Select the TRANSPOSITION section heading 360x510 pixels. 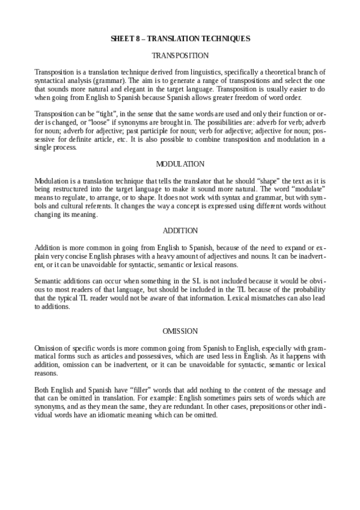coord(180,55)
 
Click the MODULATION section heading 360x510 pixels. coord(180,164)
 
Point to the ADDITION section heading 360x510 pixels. coord(180,230)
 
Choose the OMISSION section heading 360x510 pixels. coord(180,331)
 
